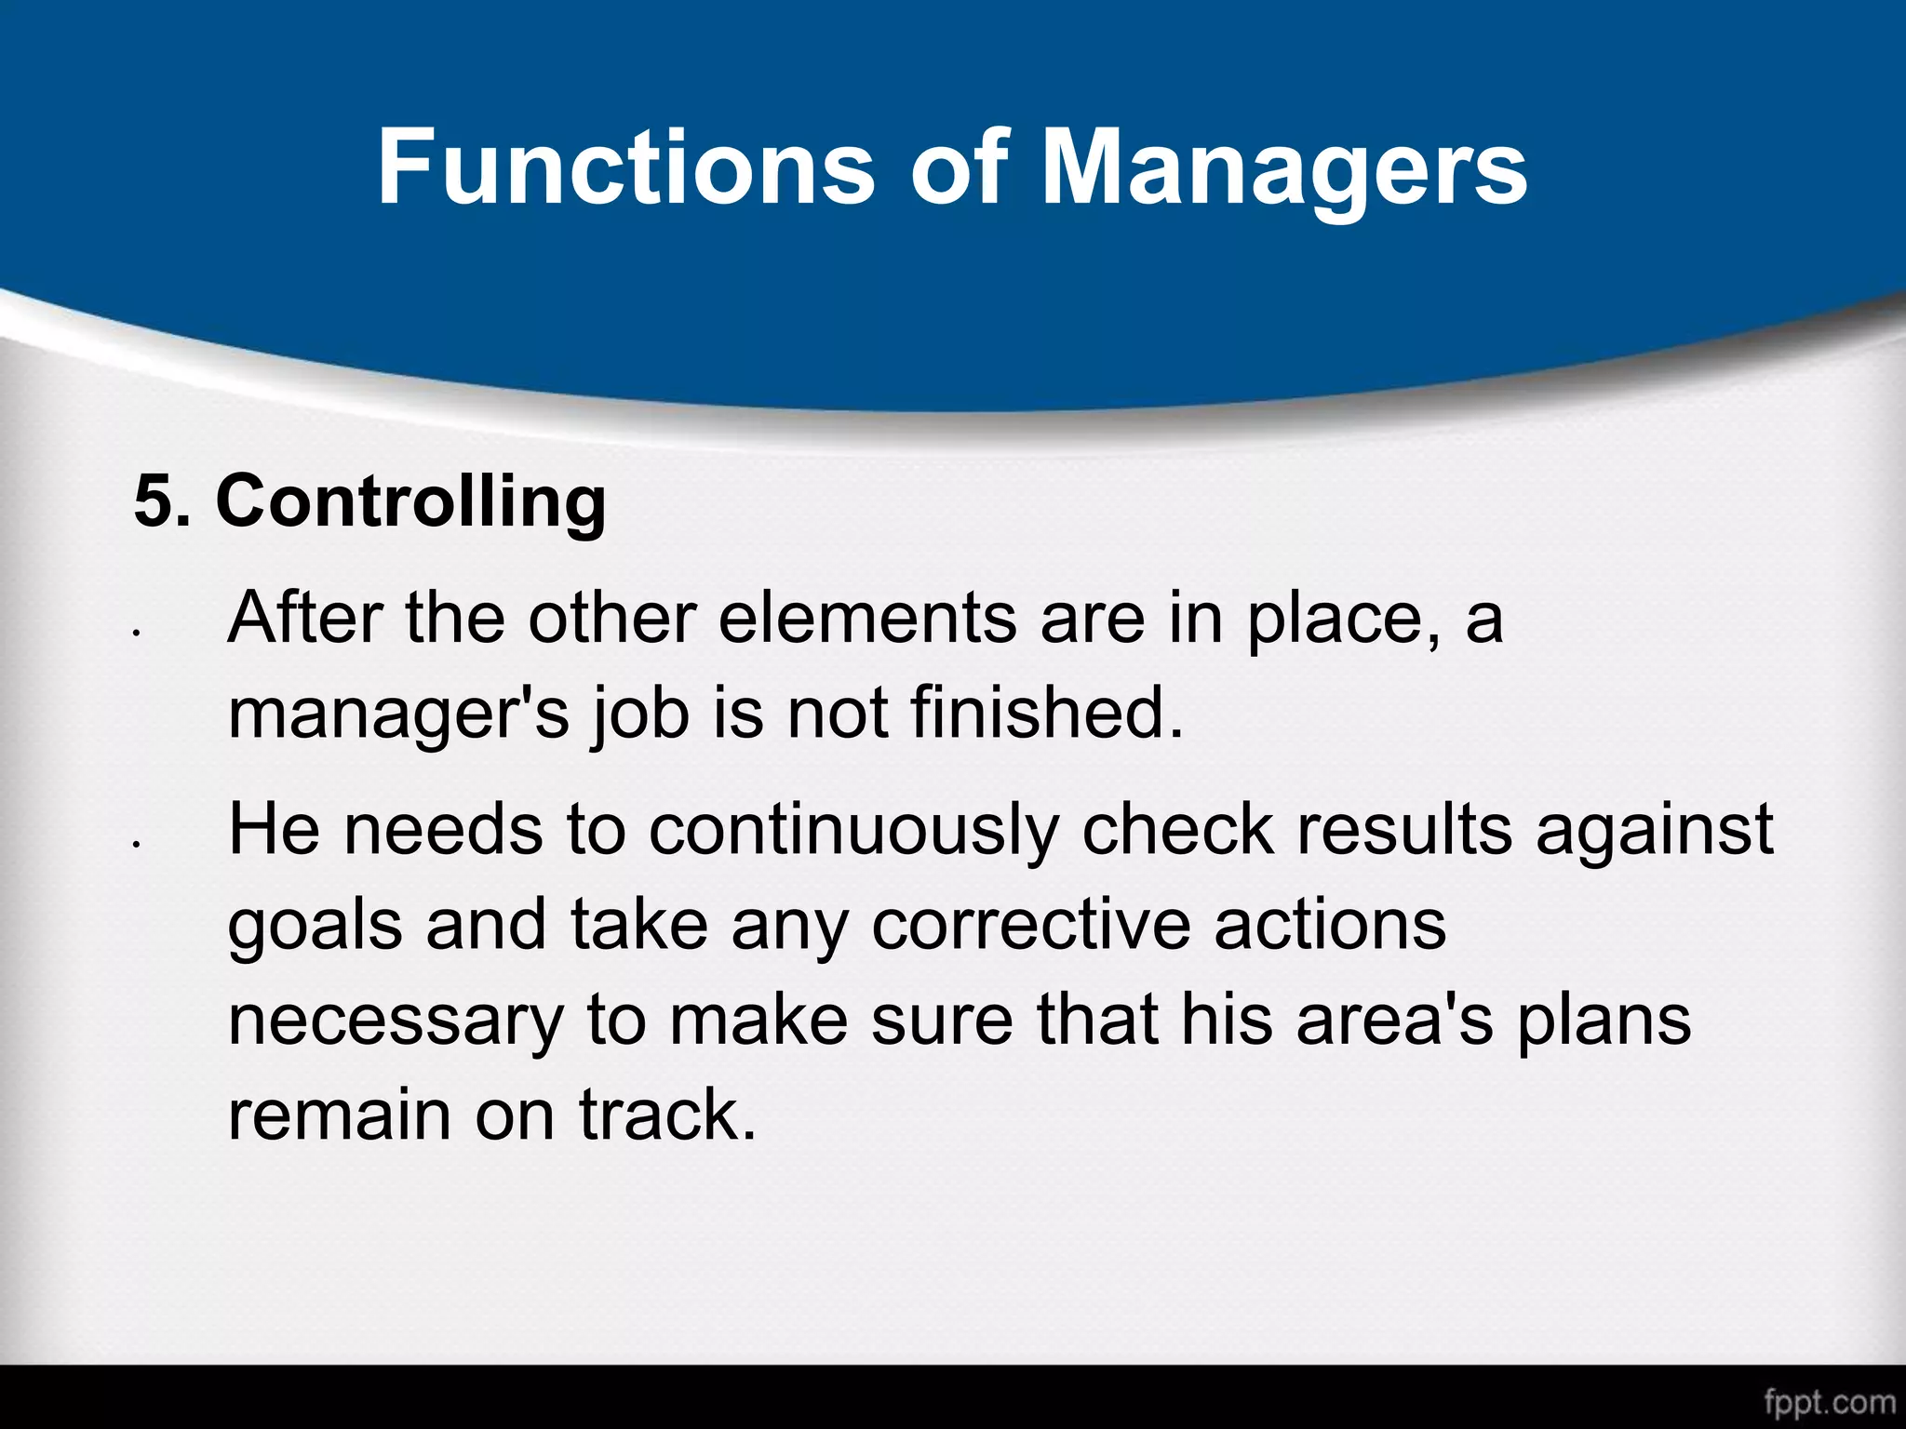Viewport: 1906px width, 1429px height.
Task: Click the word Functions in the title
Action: pos(624,167)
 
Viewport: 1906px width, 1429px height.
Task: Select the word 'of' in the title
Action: pos(960,167)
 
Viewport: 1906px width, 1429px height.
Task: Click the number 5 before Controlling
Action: pos(154,501)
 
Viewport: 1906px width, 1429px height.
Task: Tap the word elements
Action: pos(866,618)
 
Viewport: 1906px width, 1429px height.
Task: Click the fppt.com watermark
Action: pos(1829,1401)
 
